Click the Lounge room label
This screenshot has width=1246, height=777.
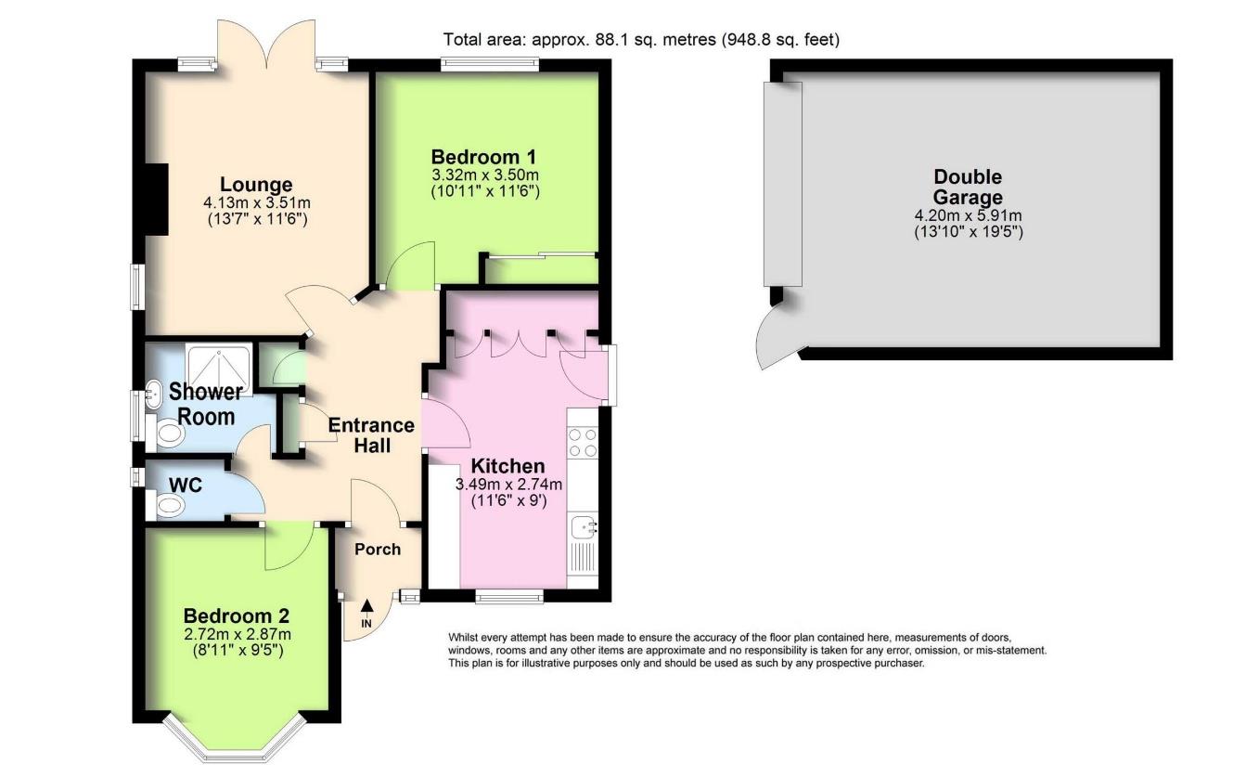(256, 184)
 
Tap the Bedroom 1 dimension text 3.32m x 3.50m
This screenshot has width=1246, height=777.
(485, 175)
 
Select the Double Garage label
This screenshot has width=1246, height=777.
(968, 187)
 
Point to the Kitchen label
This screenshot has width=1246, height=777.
(507, 466)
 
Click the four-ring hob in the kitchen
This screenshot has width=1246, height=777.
(583, 443)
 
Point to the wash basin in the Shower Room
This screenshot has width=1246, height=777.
(153, 394)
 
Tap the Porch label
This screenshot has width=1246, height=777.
(378, 550)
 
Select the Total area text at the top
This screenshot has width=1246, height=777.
(641, 40)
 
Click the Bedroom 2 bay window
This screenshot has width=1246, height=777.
(234, 739)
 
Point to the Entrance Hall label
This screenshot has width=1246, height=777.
(371, 435)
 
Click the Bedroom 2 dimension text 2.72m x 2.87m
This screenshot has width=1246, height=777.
(238, 634)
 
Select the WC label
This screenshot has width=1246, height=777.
(186, 485)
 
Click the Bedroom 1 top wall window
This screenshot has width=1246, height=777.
(490, 65)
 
